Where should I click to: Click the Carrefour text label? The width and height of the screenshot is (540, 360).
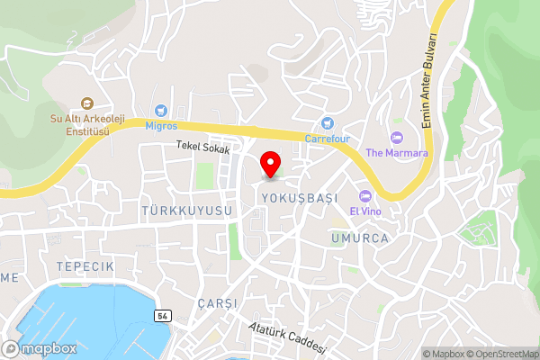point(326,139)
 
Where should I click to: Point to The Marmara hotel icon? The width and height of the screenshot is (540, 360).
point(397,137)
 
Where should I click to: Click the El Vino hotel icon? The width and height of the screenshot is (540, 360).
point(364,196)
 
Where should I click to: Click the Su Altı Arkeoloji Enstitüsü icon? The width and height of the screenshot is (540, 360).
point(86,103)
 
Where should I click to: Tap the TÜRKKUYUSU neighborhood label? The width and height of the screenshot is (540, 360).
point(186,210)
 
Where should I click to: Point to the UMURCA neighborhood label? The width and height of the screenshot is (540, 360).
point(359,238)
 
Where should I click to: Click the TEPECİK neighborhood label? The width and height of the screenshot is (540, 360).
point(85,267)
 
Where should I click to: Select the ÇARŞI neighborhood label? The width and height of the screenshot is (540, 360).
point(216,303)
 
